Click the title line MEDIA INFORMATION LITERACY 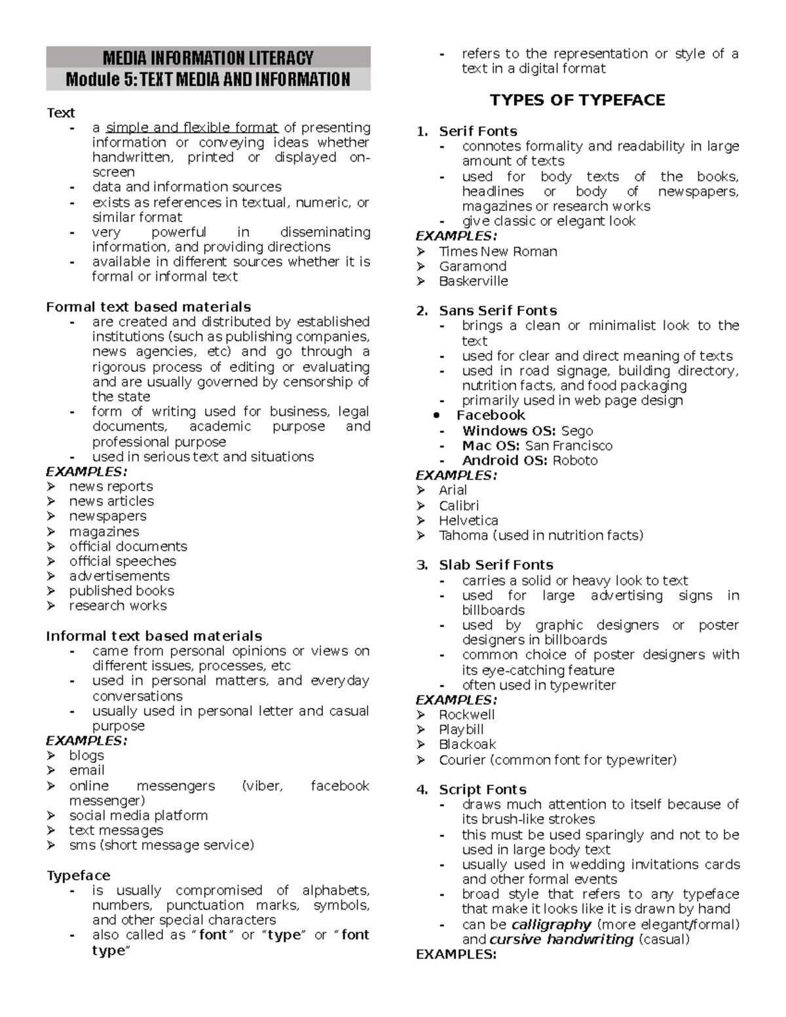click(x=208, y=58)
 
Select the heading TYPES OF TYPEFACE click(x=577, y=100)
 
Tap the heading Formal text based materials click(x=148, y=306)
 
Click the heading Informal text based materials click(x=154, y=636)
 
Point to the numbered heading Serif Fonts click(x=477, y=131)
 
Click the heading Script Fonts click(x=482, y=789)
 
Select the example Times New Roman click(x=498, y=251)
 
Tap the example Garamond click(x=472, y=267)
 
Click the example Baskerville click(x=473, y=281)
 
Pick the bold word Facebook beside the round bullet click(x=491, y=415)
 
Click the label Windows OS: click(x=509, y=431)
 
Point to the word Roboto click(x=575, y=460)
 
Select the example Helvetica click(x=468, y=521)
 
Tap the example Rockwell click(x=466, y=714)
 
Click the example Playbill click(x=461, y=730)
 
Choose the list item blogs click(x=86, y=755)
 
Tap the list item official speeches click(x=122, y=561)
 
